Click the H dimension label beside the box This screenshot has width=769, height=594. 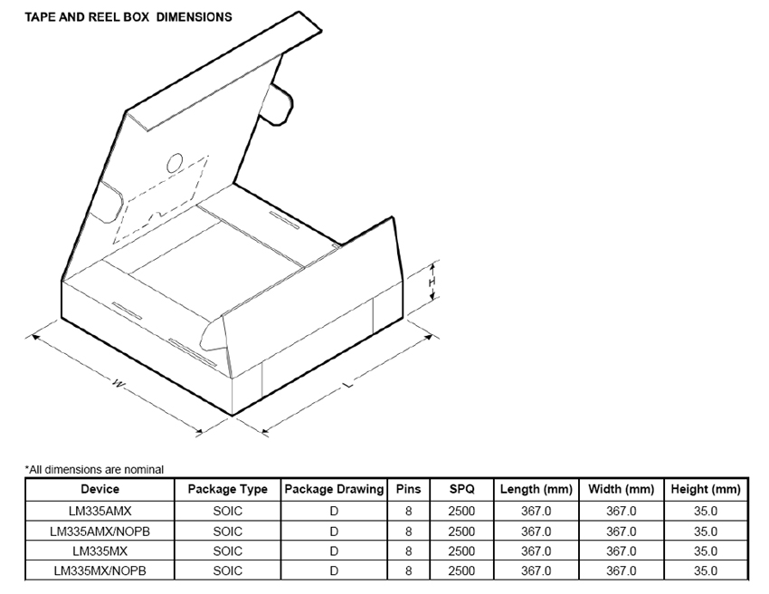pyautogui.click(x=433, y=283)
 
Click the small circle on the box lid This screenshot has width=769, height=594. pyautogui.click(x=174, y=164)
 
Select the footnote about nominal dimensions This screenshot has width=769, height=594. pyautogui.click(x=94, y=469)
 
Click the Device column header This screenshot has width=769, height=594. pyautogui.click(x=100, y=489)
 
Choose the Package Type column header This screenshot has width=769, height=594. pyautogui.click(x=227, y=489)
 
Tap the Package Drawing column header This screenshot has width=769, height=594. pyautogui.click(x=334, y=489)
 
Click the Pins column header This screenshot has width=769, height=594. pyautogui.click(x=409, y=489)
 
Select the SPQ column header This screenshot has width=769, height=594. pyautogui.click(x=461, y=489)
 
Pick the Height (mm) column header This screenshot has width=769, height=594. pyautogui.click(x=706, y=489)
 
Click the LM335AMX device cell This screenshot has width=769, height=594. pyautogui.click(x=100, y=511)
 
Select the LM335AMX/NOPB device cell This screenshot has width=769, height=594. pyautogui.click(x=100, y=532)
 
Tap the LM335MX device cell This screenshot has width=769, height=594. pyautogui.click(x=100, y=551)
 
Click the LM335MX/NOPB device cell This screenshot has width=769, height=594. pyautogui.click(x=100, y=571)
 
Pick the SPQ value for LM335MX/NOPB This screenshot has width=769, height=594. pyautogui.click(x=461, y=571)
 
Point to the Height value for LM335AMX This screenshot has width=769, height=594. pyautogui.click(x=706, y=511)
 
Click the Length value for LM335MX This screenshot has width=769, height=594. pyautogui.click(x=536, y=551)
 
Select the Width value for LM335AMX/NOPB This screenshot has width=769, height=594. pyautogui.click(x=621, y=532)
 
